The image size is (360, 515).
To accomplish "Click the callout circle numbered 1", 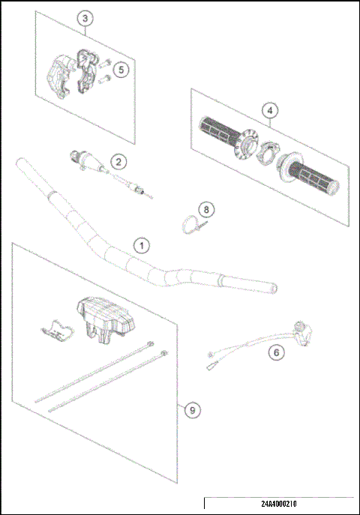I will [x=140, y=245].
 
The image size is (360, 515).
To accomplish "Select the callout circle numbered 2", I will [x=117, y=160].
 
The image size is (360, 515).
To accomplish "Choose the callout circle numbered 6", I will [x=276, y=351].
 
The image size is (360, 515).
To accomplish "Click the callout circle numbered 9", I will [x=193, y=410].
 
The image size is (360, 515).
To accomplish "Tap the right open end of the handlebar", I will [x=274, y=288].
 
